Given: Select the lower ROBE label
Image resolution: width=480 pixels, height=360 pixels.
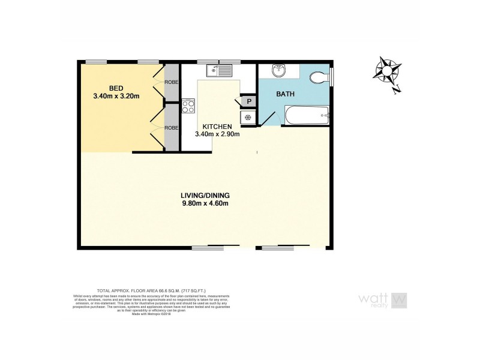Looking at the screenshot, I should [x=172, y=127].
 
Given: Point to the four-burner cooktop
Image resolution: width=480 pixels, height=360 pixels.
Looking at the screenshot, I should [x=188, y=106].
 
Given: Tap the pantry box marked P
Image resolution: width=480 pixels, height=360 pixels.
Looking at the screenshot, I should [x=248, y=101].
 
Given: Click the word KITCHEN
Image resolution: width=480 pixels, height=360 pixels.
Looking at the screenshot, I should [x=217, y=127].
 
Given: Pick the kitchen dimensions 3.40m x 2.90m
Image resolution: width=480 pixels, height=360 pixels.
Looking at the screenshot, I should [x=217, y=134].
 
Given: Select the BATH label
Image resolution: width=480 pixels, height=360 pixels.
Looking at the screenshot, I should [x=286, y=95].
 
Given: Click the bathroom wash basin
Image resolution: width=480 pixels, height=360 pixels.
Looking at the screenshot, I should [x=279, y=71].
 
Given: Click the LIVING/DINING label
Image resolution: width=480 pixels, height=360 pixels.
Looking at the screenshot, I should [x=205, y=196].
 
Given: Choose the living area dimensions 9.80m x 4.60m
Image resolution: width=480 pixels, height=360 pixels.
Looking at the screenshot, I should [x=205, y=204].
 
